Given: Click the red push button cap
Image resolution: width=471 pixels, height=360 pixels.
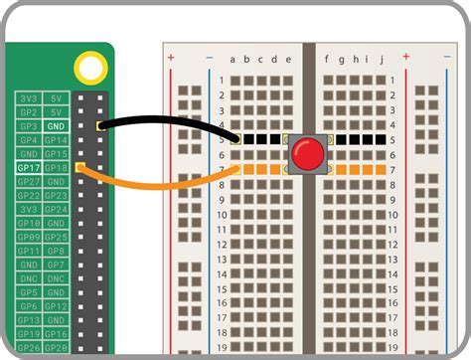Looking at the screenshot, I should (x=306, y=154).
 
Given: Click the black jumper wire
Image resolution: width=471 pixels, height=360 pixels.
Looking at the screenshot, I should (x=169, y=120).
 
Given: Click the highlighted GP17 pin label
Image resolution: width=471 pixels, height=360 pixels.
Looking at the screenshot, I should (x=28, y=168).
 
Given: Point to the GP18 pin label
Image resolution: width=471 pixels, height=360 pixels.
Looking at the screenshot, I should (x=57, y=168).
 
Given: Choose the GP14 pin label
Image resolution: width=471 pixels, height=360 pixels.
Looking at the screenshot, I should (x=57, y=140).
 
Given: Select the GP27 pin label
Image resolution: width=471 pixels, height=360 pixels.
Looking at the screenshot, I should (x=28, y=182).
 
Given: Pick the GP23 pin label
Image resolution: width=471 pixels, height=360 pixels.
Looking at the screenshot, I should (x=57, y=196).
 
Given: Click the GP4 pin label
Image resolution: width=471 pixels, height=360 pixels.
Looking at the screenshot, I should (x=28, y=140).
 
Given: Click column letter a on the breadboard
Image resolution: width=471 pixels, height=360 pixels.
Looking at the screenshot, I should (x=233, y=59).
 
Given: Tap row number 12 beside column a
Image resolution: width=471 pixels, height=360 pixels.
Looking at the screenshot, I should (x=220, y=243).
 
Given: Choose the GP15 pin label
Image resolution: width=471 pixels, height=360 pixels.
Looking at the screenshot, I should (x=57, y=154).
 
